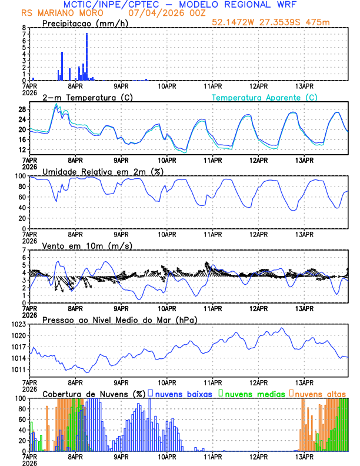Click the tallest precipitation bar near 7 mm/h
coord(87,56)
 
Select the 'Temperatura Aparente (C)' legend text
coord(264,97)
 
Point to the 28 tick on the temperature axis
coord(22,109)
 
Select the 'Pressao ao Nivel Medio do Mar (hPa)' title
coord(119,319)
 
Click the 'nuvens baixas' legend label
coord(183,394)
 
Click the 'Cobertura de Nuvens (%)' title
coord(93,394)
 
